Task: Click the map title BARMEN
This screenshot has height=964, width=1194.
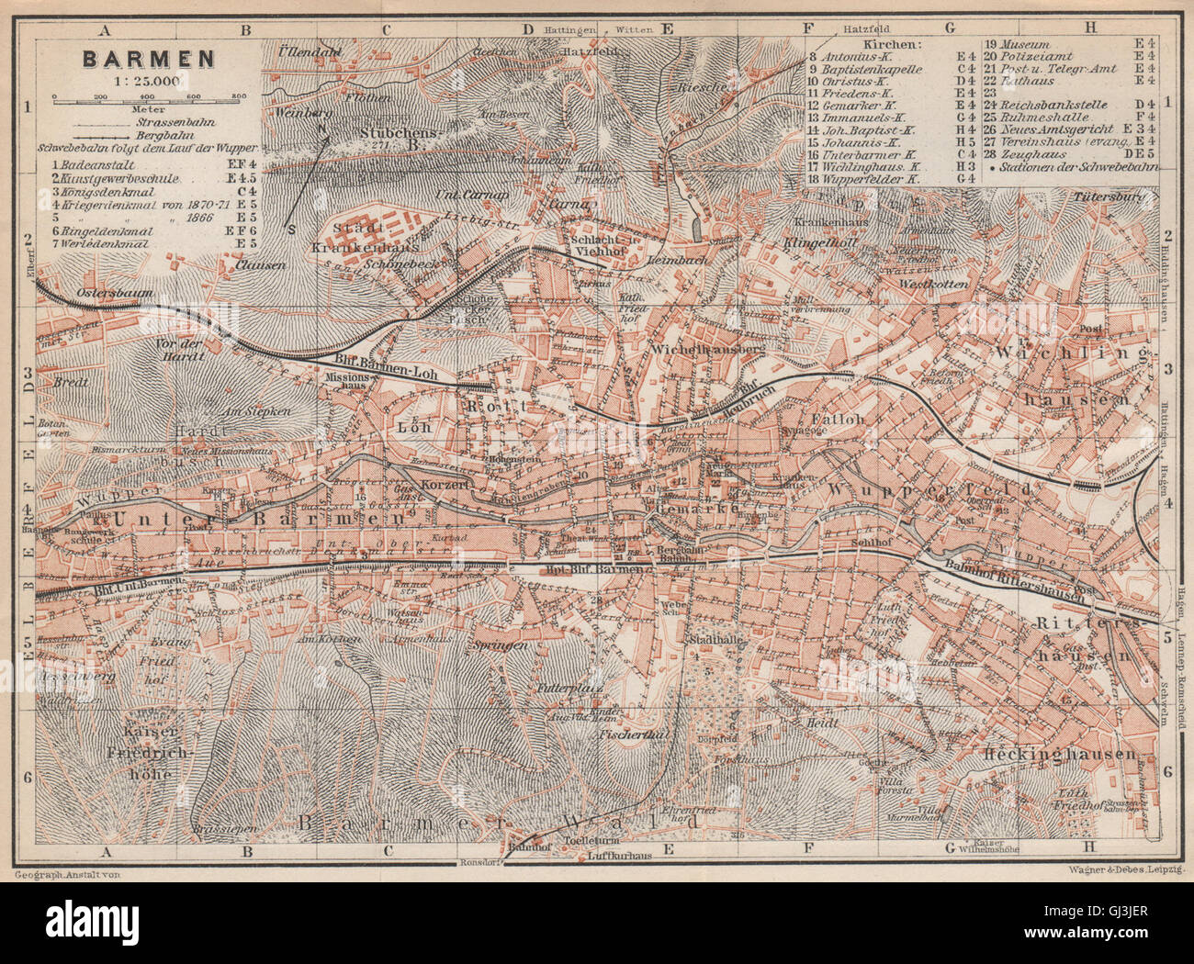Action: [x=150, y=59]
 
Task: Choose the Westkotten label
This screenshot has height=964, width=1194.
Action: [x=935, y=285]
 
